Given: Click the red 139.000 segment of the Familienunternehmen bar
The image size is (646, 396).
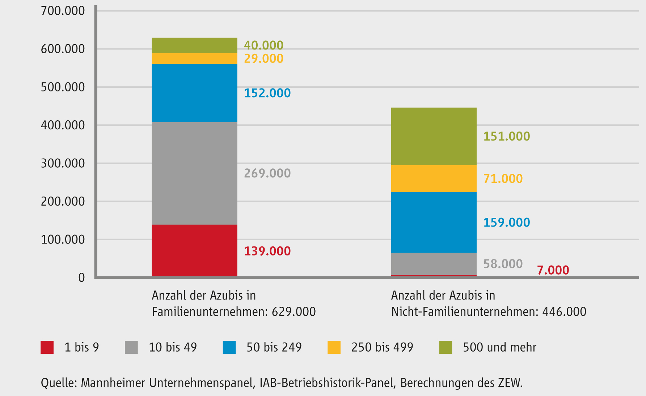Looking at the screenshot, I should point(194,250).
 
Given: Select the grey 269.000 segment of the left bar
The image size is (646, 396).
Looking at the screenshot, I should point(194,173).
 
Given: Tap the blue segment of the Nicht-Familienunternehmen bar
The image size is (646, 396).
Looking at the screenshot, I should point(434,222).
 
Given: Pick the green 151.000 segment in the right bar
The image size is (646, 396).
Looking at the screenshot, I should point(434,136).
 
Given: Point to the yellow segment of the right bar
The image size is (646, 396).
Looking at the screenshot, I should point(434,178).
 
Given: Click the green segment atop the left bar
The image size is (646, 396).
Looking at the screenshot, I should point(194,46).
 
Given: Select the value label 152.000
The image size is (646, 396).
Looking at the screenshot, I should point(267,93).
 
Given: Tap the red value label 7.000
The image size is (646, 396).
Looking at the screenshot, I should point(553,270).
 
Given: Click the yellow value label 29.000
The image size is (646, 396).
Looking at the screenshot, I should point(263,59).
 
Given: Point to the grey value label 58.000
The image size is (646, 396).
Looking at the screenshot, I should point(503,264).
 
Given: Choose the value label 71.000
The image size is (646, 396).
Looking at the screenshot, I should point(503,179).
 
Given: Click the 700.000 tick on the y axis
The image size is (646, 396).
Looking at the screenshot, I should point(63,11).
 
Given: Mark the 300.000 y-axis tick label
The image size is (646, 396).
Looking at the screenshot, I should point(63,163).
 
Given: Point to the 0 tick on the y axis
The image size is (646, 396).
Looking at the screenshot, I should point(81,277).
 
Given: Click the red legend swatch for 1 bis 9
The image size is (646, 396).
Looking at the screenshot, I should point(47,347).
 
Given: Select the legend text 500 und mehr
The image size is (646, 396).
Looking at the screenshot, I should point(499,347).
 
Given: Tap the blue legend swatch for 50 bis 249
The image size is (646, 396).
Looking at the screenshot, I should point(229,347).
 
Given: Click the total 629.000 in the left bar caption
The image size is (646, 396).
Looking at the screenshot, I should point(294,311).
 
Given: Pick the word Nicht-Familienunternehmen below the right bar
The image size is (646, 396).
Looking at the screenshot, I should point(465,311).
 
